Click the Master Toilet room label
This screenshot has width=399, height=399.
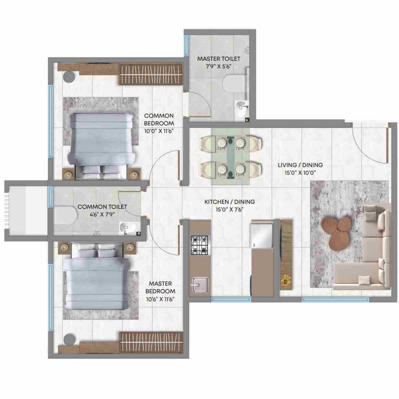(218, 59)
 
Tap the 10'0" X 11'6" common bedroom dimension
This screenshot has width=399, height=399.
(159, 131)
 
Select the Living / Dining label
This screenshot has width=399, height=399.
(300, 165)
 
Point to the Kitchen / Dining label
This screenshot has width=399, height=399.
(229, 202)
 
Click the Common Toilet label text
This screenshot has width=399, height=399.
(102, 207)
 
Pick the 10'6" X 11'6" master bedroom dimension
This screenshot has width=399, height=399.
(160, 299)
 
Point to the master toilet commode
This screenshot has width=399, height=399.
(234, 83)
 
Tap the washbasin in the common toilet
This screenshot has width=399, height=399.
(127, 228)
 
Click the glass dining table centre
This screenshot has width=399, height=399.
(230, 156)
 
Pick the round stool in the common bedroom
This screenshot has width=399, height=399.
(69, 76)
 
